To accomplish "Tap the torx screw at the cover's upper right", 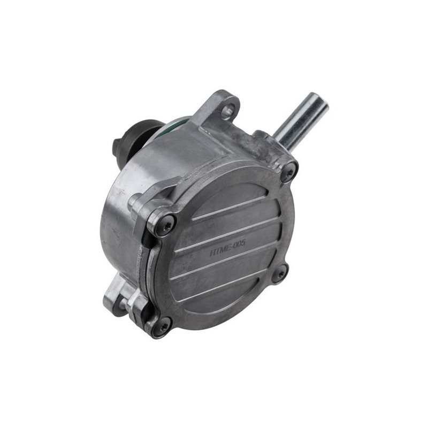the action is (x=290, y=171).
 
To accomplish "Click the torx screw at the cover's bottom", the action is (x=160, y=328).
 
